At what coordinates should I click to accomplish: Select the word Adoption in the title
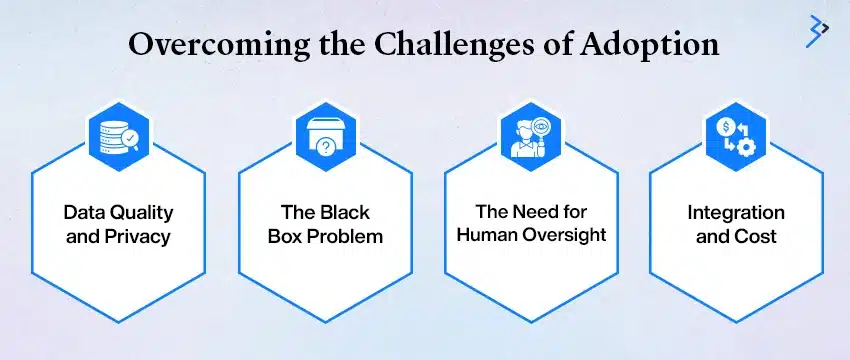tap(651, 46)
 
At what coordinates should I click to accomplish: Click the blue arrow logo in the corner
tap(817, 31)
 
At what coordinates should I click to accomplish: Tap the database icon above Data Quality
tap(119, 137)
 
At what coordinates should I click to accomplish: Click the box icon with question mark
tap(325, 137)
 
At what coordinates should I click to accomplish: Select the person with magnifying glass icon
tap(531, 137)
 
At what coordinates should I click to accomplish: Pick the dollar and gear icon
tap(736, 137)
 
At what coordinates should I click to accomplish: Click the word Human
tap(487, 235)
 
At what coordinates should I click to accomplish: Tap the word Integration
tap(736, 213)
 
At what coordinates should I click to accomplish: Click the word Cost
tap(758, 236)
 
